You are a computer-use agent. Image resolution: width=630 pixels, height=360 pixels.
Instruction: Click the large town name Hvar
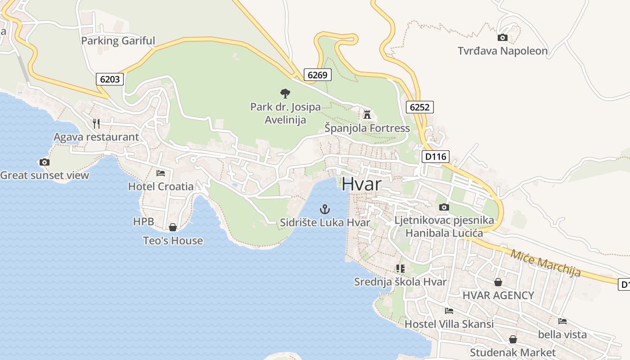tap(361, 184)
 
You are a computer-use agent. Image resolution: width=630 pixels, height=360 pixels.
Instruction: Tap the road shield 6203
tap(110, 79)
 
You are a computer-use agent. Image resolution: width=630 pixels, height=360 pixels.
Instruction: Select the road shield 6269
tap(317, 75)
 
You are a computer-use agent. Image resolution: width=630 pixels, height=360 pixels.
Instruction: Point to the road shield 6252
tap(419, 107)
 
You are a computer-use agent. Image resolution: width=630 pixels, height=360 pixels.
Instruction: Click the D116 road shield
tap(435, 157)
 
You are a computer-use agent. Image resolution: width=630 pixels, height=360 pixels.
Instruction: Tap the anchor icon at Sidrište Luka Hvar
tap(324, 209)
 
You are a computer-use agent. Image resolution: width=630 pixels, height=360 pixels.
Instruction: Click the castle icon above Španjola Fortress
tap(367, 114)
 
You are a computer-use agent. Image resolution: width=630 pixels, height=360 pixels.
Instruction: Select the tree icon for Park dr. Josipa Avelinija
tap(285, 94)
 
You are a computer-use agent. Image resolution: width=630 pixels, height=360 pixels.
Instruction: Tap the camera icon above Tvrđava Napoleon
tap(503, 38)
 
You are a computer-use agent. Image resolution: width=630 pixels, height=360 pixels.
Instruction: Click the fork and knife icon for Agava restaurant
tap(96, 123)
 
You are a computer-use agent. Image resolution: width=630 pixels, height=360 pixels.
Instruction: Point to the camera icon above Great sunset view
tap(44, 162)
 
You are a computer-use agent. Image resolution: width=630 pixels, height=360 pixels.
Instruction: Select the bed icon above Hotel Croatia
tap(161, 173)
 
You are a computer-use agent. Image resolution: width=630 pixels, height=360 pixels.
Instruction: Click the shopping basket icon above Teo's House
tap(172, 228)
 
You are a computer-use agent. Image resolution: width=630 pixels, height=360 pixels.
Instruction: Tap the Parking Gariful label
tap(118, 41)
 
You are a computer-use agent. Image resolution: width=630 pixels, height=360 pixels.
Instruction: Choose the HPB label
tap(144, 221)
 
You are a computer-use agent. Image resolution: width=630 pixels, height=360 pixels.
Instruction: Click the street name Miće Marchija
tap(545, 263)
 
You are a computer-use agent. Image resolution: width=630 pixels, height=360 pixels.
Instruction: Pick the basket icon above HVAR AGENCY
tap(498, 283)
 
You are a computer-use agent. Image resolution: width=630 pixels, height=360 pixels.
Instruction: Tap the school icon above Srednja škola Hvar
tap(400, 269)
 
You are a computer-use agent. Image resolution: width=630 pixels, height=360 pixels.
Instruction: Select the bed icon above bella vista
tap(562, 321)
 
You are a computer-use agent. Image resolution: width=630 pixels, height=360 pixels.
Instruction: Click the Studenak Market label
tap(513, 352)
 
